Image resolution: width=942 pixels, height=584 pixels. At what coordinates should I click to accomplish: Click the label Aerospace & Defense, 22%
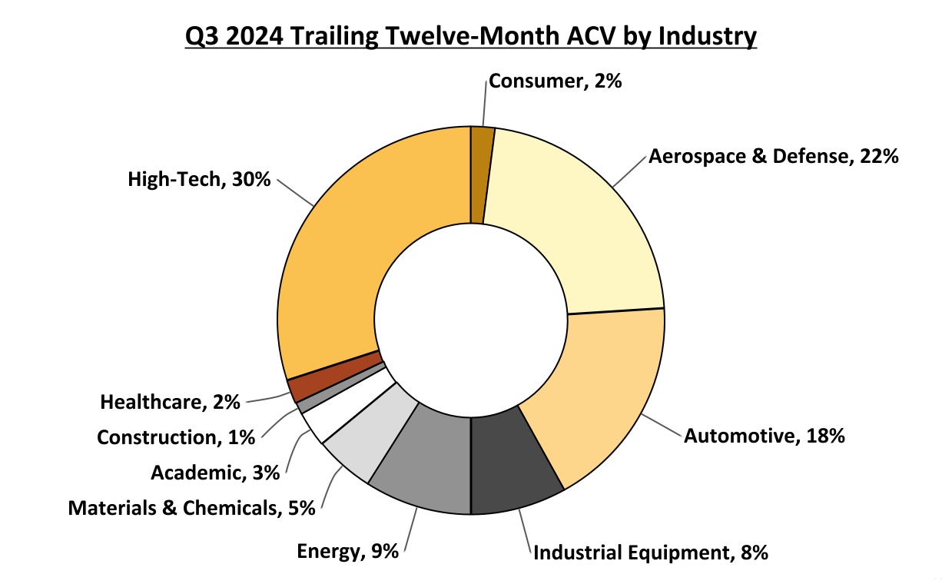(773, 157)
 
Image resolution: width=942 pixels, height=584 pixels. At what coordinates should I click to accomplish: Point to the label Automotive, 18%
(765, 436)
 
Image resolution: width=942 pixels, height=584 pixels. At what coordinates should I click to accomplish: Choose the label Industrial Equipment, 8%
(651, 552)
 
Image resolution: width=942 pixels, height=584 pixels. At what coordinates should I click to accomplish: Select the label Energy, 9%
(347, 551)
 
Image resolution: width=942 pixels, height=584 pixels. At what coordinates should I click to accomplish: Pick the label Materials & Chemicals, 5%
(192, 508)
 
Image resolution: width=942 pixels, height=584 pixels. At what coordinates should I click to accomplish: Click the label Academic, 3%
(215, 473)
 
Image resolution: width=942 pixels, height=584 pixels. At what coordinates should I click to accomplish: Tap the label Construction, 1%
(176, 437)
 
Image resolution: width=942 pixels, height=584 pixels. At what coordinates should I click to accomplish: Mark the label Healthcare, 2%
(171, 401)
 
